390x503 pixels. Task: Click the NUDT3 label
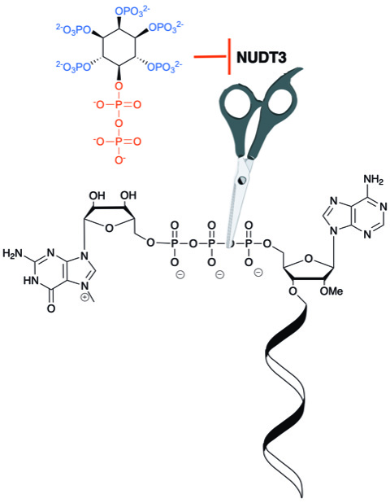coord(262,58)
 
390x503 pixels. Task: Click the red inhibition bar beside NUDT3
coord(229,57)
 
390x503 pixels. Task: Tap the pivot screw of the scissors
coord(242,180)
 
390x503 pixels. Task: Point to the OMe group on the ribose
coord(331,291)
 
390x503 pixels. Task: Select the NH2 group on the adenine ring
coord(373,179)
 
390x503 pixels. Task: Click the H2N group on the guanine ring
coord(13,254)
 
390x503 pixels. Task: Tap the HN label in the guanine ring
coord(31,281)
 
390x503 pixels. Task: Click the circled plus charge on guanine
coord(84,298)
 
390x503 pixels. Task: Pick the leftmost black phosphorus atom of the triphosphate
coord(174,243)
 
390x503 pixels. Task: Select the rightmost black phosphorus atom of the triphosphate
coord(249,243)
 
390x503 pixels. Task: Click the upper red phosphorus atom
coord(119,104)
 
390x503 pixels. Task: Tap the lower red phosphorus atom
coord(119,142)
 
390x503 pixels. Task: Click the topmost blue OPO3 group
coord(132,11)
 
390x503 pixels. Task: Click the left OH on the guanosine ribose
coord(97,195)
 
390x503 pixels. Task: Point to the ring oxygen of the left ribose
coord(109,228)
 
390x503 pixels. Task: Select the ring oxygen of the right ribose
coord(309,259)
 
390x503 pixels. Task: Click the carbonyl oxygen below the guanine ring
coord(50,308)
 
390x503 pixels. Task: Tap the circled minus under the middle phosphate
coord(219,274)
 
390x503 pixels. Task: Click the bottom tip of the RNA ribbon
coord(301,496)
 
